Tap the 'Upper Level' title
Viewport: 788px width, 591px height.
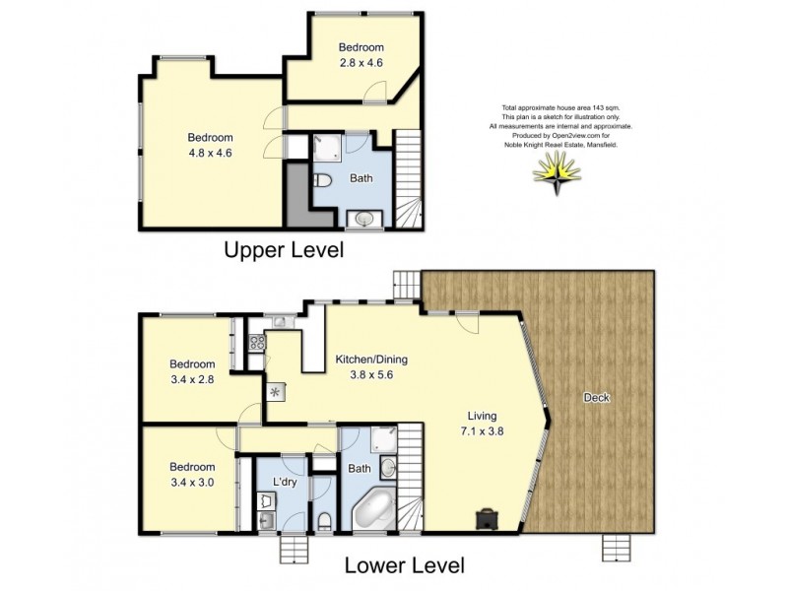point(283,250)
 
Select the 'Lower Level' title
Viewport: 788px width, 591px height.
point(404,566)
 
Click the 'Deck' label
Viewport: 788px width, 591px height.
point(597,398)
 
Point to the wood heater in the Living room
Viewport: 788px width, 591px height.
point(489,517)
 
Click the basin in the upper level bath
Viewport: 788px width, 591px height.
point(364,219)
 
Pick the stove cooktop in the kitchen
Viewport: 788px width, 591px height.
point(256,344)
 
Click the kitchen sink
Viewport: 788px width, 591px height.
point(279,320)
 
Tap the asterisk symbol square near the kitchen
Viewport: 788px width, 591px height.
point(275,391)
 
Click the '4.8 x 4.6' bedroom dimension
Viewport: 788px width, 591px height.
point(210,153)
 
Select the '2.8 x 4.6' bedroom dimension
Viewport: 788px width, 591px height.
point(361,62)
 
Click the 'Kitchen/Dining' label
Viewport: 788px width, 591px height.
point(370,360)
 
